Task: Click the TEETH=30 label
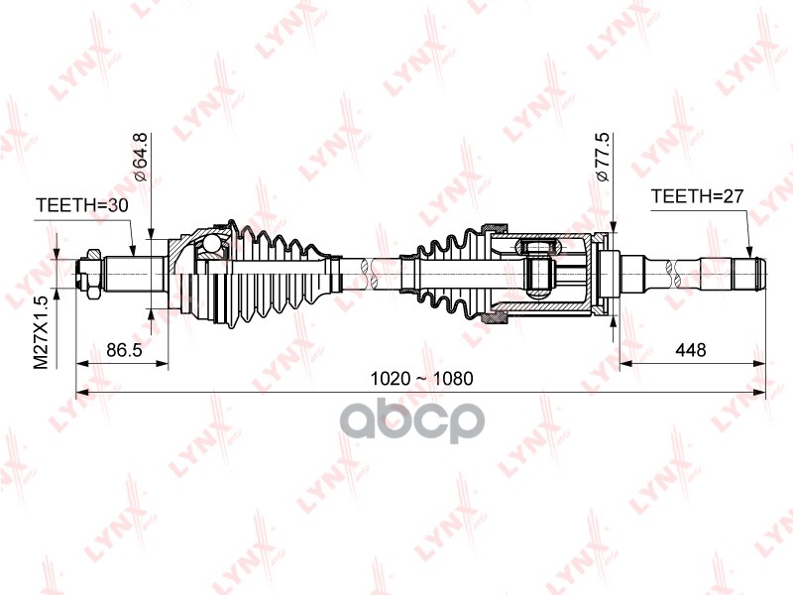83,206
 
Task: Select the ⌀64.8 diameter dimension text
141,156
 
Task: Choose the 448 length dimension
691,350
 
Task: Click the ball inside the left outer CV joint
212,245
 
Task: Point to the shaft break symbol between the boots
370,270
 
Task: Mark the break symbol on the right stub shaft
682,269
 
